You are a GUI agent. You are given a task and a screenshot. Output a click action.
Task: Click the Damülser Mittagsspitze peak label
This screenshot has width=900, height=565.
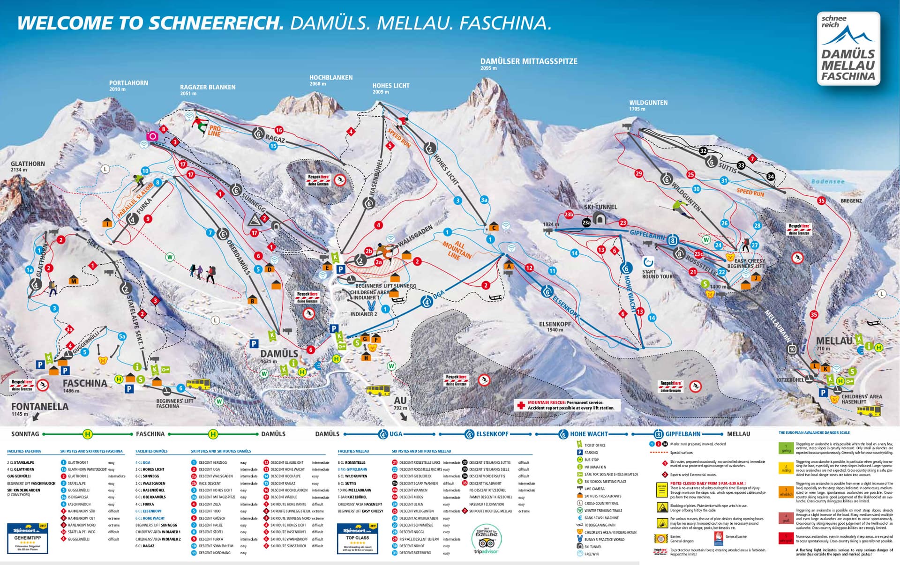point(528,62)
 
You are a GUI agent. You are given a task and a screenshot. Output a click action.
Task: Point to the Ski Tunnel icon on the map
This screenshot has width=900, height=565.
point(600,218)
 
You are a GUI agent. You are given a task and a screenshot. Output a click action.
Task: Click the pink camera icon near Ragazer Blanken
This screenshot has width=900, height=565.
point(152,136)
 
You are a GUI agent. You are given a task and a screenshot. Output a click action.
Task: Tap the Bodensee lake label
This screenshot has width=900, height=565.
point(828,181)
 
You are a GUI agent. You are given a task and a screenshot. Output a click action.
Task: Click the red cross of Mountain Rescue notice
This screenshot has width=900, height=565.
point(521,405)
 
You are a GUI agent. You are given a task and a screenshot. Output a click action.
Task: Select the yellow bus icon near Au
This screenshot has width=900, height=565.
point(378,390)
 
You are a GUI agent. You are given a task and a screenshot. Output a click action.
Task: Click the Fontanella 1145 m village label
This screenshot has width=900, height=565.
point(39,407)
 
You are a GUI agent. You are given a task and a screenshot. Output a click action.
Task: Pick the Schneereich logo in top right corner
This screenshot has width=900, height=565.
point(848,49)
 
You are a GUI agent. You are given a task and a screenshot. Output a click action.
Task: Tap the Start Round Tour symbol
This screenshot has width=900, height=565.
point(648,262)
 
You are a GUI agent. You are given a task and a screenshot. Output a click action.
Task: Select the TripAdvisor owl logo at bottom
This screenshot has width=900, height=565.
point(486,543)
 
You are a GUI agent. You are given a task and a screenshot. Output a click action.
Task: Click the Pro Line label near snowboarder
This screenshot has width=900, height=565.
point(214,130)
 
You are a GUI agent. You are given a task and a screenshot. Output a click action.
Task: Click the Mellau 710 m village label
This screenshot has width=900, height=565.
point(833,342)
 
